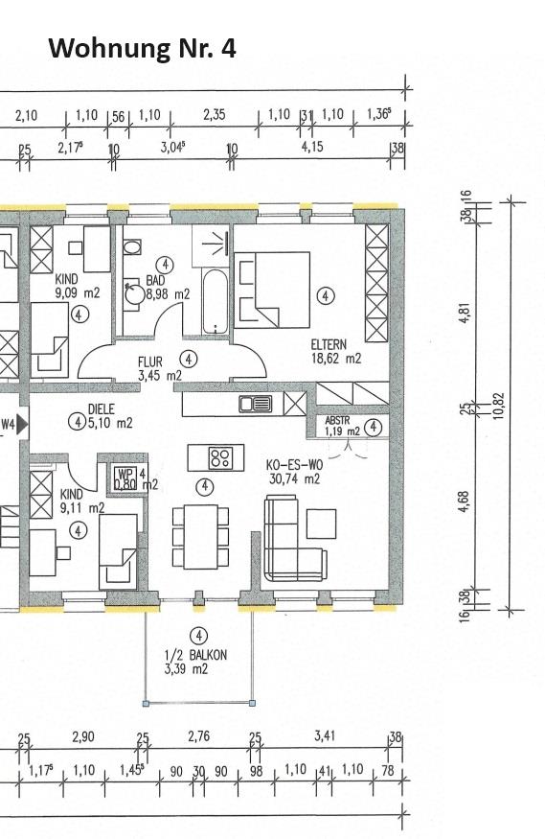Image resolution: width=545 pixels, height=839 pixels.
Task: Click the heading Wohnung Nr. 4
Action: pos(142,48)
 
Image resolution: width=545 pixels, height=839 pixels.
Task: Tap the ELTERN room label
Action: pos(329,344)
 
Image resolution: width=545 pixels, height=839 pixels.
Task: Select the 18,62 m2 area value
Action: pos(334,359)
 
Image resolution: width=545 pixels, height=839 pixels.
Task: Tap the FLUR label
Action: pos(150,362)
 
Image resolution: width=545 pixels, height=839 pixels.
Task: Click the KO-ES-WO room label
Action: pos(292,465)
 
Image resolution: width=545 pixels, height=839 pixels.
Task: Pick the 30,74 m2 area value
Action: pos(293,479)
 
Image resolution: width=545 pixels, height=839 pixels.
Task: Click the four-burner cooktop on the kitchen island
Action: pos(220,456)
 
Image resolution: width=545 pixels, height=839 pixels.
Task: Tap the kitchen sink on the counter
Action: pos(256,404)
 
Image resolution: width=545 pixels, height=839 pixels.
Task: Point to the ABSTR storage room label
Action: pos(338,420)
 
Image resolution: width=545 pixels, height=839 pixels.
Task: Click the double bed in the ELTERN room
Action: pos(274,288)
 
